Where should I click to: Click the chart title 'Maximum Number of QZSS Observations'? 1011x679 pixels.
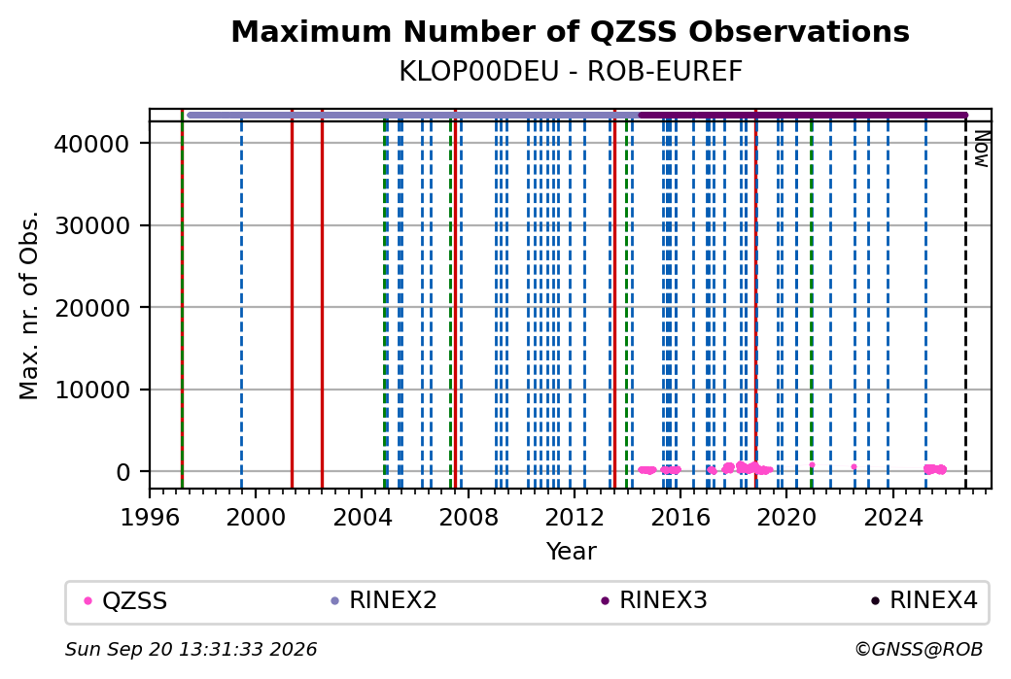pyautogui.click(x=570, y=32)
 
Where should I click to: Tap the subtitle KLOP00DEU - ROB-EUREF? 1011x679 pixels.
pyautogui.click(x=571, y=72)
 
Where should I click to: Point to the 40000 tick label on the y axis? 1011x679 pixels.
pyautogui.click(x=91, y=144)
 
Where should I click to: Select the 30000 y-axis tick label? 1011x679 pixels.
pyautogui.click(x=91, y=225)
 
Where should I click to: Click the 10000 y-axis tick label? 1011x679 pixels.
pyautogui.click(x=91, y=390)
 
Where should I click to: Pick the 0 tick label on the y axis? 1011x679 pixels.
pyautogui.click(x=123, y=472)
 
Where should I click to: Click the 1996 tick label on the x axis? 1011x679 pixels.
pyautogui.click(x=150, y=517)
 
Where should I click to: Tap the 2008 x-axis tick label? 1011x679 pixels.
pyautogui.click(x=469, y=517)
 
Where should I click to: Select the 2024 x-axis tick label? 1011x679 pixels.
pyautogui.click(x=893, y=517)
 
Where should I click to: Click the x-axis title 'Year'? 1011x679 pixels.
pyautogui.click(x=572, y=552)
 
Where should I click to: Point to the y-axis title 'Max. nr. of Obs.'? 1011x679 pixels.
pyautogui.click(x=29, y=305)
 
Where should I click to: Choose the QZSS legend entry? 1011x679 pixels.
pyautogui.click(x=125, y=601)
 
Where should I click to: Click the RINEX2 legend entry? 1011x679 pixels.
pyautogui.click(x=384, y=600)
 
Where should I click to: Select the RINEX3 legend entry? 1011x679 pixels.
pyautogui.click(x=654, y=600)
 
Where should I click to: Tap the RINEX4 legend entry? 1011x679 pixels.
pyautogui.click(x=924, y=600)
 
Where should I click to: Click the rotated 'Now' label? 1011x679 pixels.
pyautogui.click(x=981, y=149)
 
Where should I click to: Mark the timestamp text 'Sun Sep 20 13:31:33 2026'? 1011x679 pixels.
pyautogui.click(x=192, y=649)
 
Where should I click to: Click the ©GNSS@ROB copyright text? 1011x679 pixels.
pyautogui.click(x=919, y=649)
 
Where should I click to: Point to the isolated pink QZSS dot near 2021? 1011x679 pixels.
pyautogui.click(x=812, y=465)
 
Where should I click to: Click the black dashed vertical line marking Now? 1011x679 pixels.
pyautogui.click(x=965, y=304)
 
